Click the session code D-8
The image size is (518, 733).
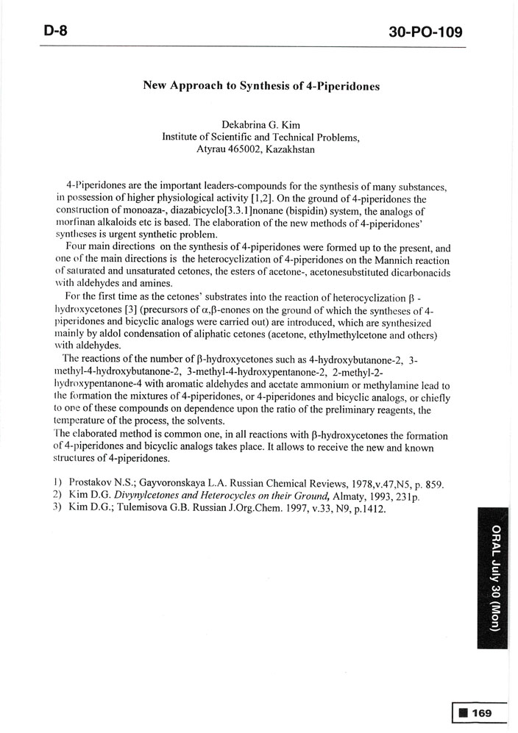(x=55, y=32)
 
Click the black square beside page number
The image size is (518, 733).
(x=463, y=712)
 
